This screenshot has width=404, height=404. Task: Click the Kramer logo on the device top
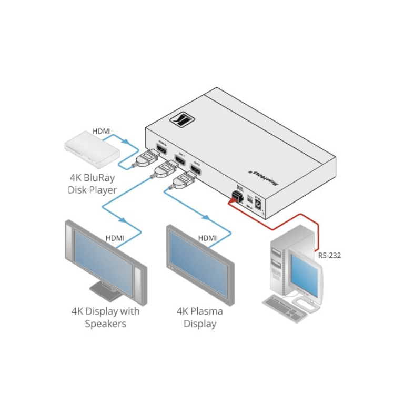pyautogui.click(x=181, y=122)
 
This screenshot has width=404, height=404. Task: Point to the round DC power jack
pyautogui.click(x=258, y=202)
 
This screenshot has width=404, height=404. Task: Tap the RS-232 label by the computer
pyautogui.click(x=329, y=256)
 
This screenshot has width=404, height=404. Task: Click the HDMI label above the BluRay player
pyautogui.click(x=102, y=131)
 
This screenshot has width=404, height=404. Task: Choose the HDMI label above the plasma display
pyautogui.click(x=207, y=238)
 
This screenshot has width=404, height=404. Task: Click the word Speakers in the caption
pyautogui.click(x=106, y=324)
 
